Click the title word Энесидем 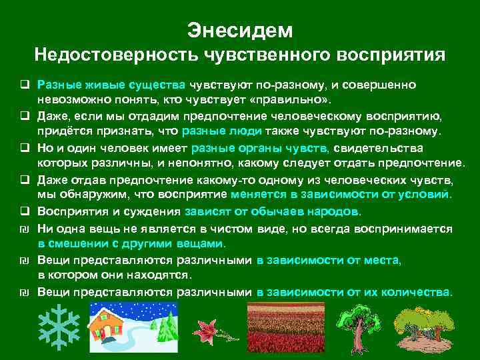pyautogui.click(x=239, y=30)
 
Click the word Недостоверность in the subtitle pyautogui.click(x=111, y=55)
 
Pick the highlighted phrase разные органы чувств pyautogui.click(x=259, y=148)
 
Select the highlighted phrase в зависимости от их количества pyautogui.click(x=353, y=292)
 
